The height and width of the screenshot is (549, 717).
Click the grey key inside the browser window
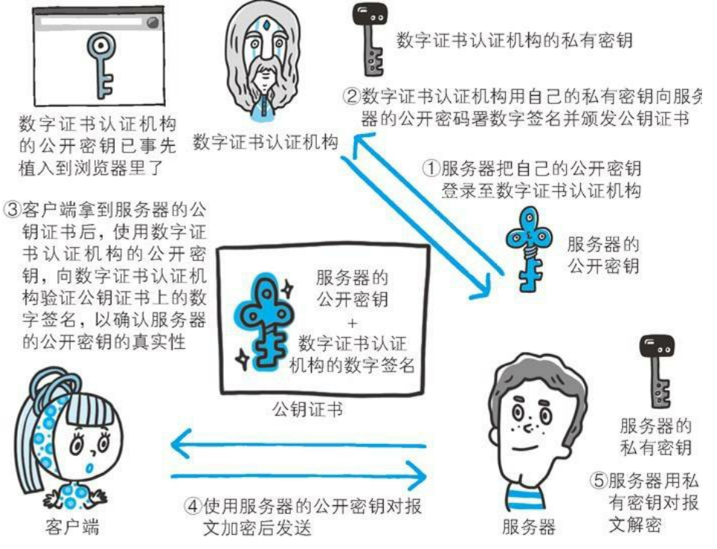tap(101, 63)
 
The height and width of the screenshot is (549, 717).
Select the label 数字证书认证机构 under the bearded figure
tap(266, 142)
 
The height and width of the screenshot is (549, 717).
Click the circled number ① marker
tap(431, 169)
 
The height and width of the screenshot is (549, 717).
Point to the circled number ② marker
tap(352, 97)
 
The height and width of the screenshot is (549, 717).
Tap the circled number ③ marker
tap(13, 210)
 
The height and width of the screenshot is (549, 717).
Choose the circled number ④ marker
tap(193, 506)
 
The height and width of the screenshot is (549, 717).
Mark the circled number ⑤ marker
tap(598, 481)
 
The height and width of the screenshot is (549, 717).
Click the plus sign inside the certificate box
tap(352, 324)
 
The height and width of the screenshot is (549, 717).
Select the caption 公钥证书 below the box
tap(307, 409)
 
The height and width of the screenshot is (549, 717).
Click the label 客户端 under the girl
tap(72, 527)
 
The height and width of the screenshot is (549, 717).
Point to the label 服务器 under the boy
tap(528, 527)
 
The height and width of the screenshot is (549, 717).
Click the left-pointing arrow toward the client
tap(298, 444)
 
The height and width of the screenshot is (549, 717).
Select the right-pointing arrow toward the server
tap(299, 476)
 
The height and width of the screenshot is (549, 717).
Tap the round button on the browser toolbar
tap(152, 22)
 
